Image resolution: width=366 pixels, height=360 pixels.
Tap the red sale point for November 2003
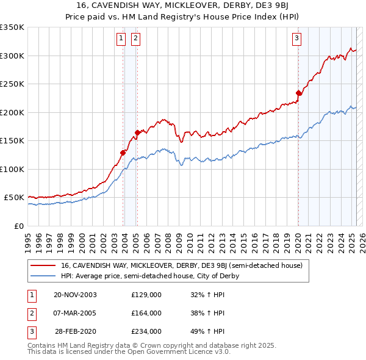pyautogui.click(x=123, y=153)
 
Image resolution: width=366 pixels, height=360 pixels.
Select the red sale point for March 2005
pyautogui.click(x=137, y=132)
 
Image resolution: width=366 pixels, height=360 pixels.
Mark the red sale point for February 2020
pyautogui.click(x=299, y=93)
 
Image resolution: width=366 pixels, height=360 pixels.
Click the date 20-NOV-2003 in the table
pyautogui.click(x=75, y=295)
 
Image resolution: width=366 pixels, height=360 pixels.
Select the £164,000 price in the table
pyautogui.click(x=146, y=313)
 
